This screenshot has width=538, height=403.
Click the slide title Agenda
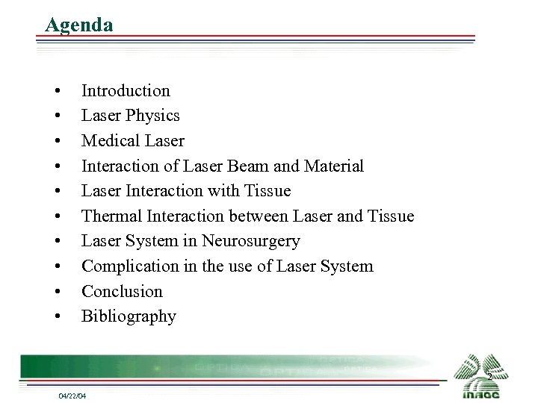pos(79,24)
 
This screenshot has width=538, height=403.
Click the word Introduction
pos(126,90)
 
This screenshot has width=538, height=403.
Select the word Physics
pos(153,116)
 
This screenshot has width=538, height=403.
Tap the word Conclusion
pos(122,291)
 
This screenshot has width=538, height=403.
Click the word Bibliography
pos(129,316)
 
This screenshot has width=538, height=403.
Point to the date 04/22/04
pos(72,395)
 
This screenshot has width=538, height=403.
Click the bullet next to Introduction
pos(57,92)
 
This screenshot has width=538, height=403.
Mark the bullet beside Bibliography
pos(57,317)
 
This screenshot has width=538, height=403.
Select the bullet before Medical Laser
pos(57,142)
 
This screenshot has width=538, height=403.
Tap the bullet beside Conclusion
pos(57,293)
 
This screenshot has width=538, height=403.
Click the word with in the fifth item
pos(226,190)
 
